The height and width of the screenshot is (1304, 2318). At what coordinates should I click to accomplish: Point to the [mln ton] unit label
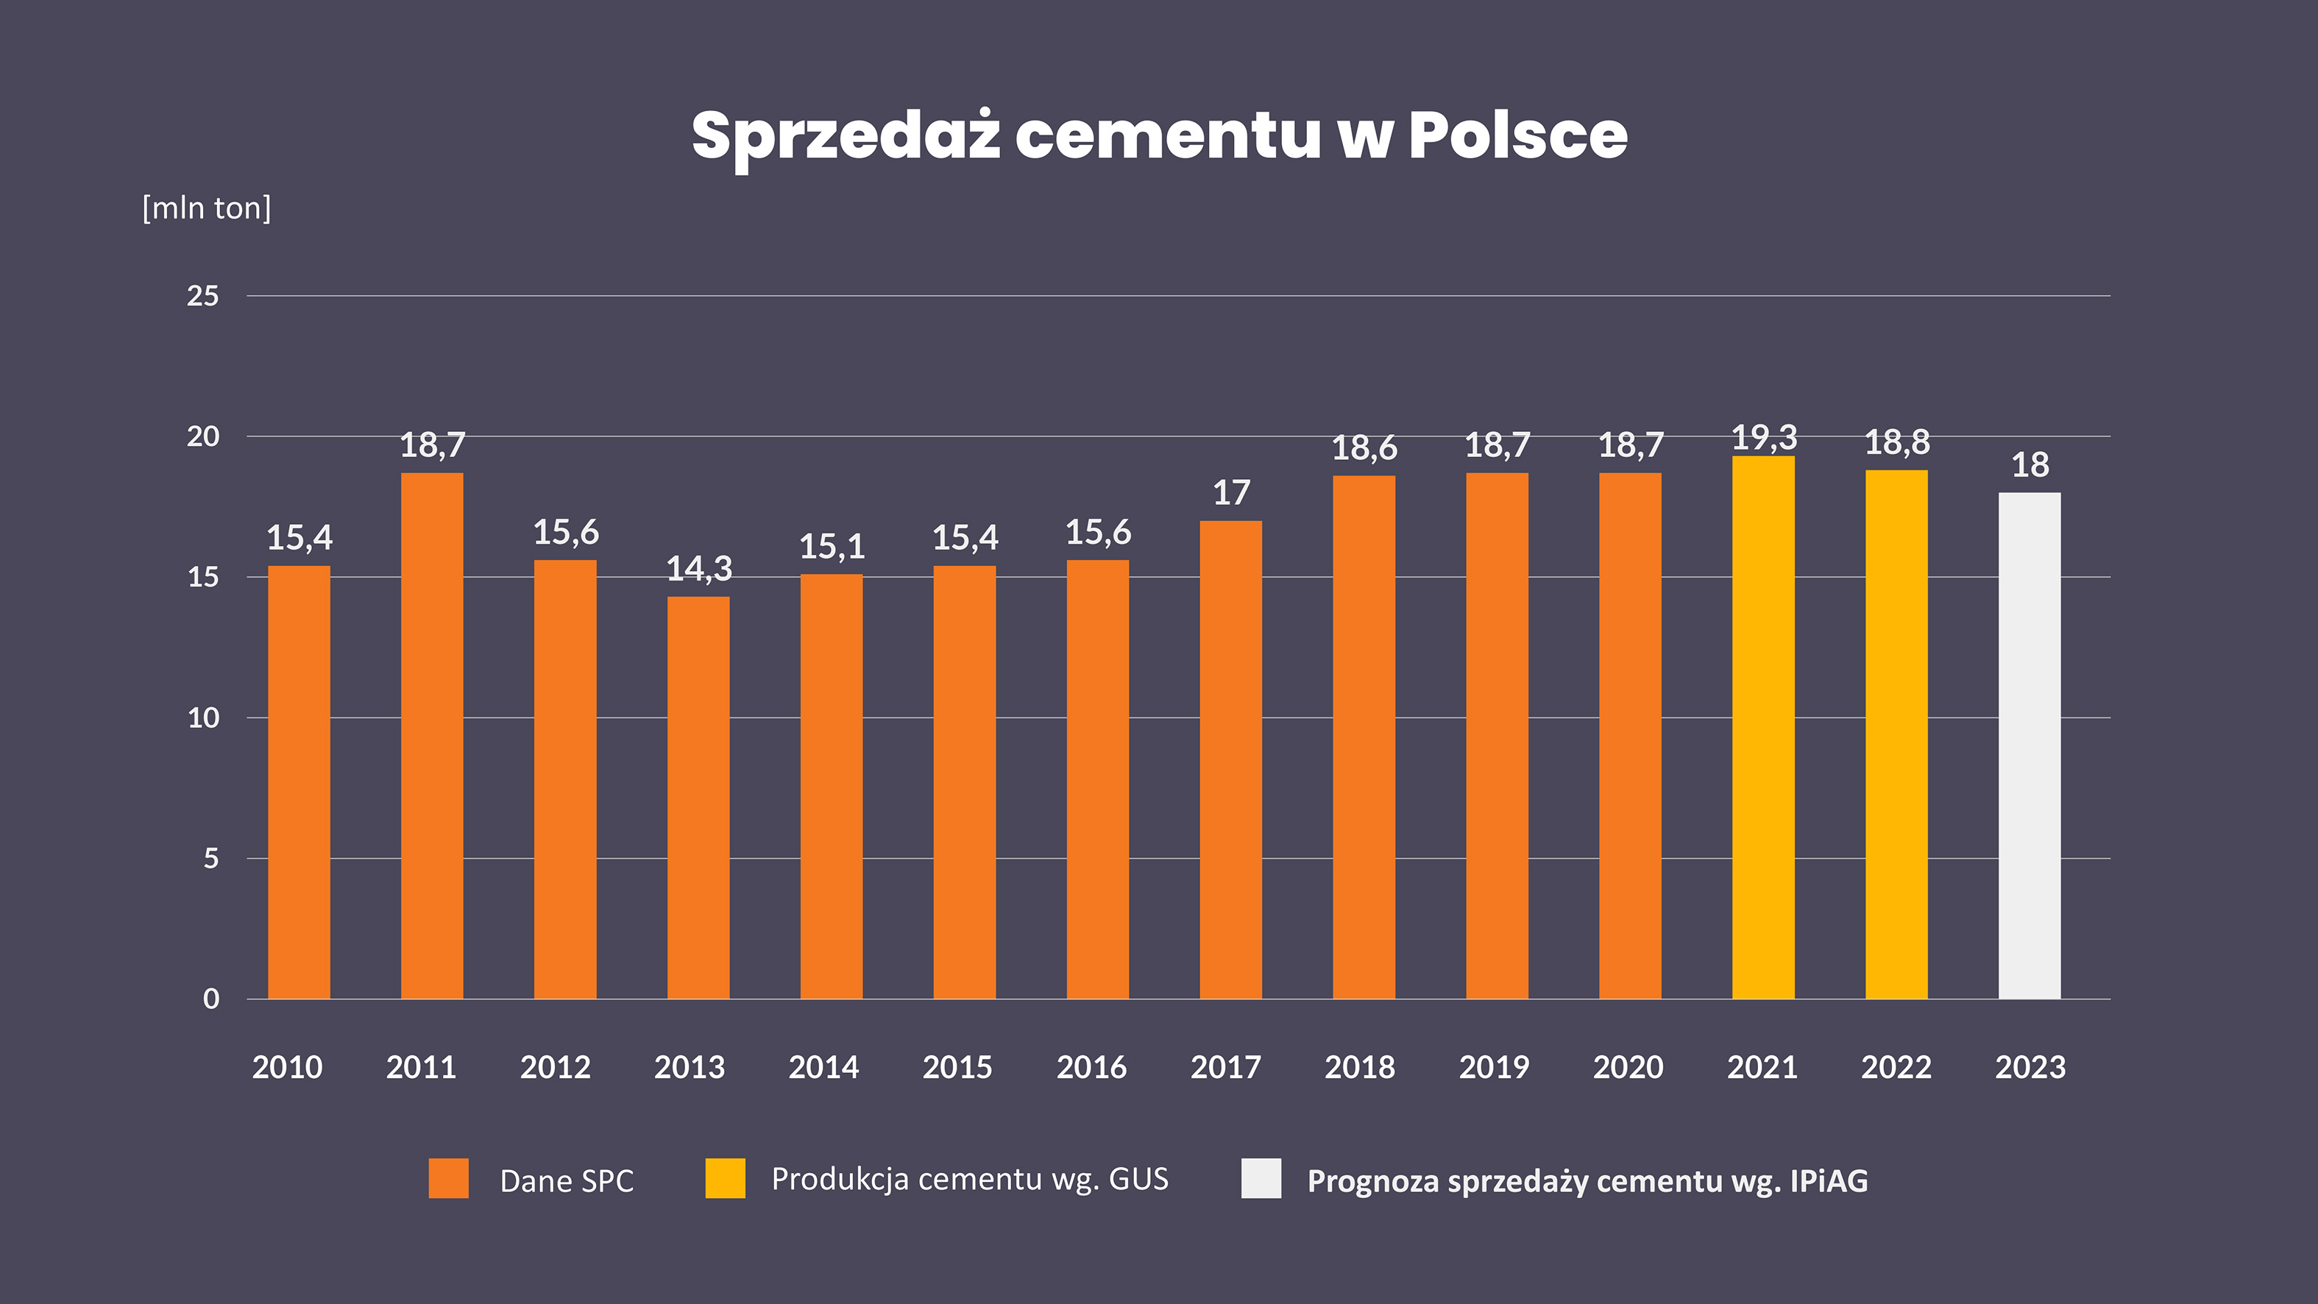pos(206,208)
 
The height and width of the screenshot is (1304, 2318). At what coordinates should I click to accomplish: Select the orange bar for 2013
pos(698,796)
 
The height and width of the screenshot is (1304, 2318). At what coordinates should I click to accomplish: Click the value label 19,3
pos(1764,437)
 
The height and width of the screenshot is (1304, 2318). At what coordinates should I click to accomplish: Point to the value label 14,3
pos(699,569)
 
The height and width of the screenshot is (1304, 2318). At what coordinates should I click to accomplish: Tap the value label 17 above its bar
pos(1231,492)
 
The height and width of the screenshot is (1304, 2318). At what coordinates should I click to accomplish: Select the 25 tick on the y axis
pos(202,296)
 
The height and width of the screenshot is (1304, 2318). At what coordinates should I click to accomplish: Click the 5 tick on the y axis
pos(210,859)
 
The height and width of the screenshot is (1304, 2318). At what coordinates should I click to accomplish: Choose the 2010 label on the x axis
pos(287,1067)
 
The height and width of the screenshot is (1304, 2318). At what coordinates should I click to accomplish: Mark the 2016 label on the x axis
pos(1091,1067)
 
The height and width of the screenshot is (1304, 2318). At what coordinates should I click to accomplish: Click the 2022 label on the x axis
pos(1896,1067)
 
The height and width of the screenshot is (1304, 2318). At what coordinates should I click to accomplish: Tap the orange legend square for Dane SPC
pos(448,1178)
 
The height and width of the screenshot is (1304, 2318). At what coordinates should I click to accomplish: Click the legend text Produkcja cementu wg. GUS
pos(969,1179)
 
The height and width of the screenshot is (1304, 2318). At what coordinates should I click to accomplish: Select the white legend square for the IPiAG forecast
pos(1261,1178)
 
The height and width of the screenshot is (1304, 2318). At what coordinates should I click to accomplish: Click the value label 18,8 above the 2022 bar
pos(1897,442)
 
